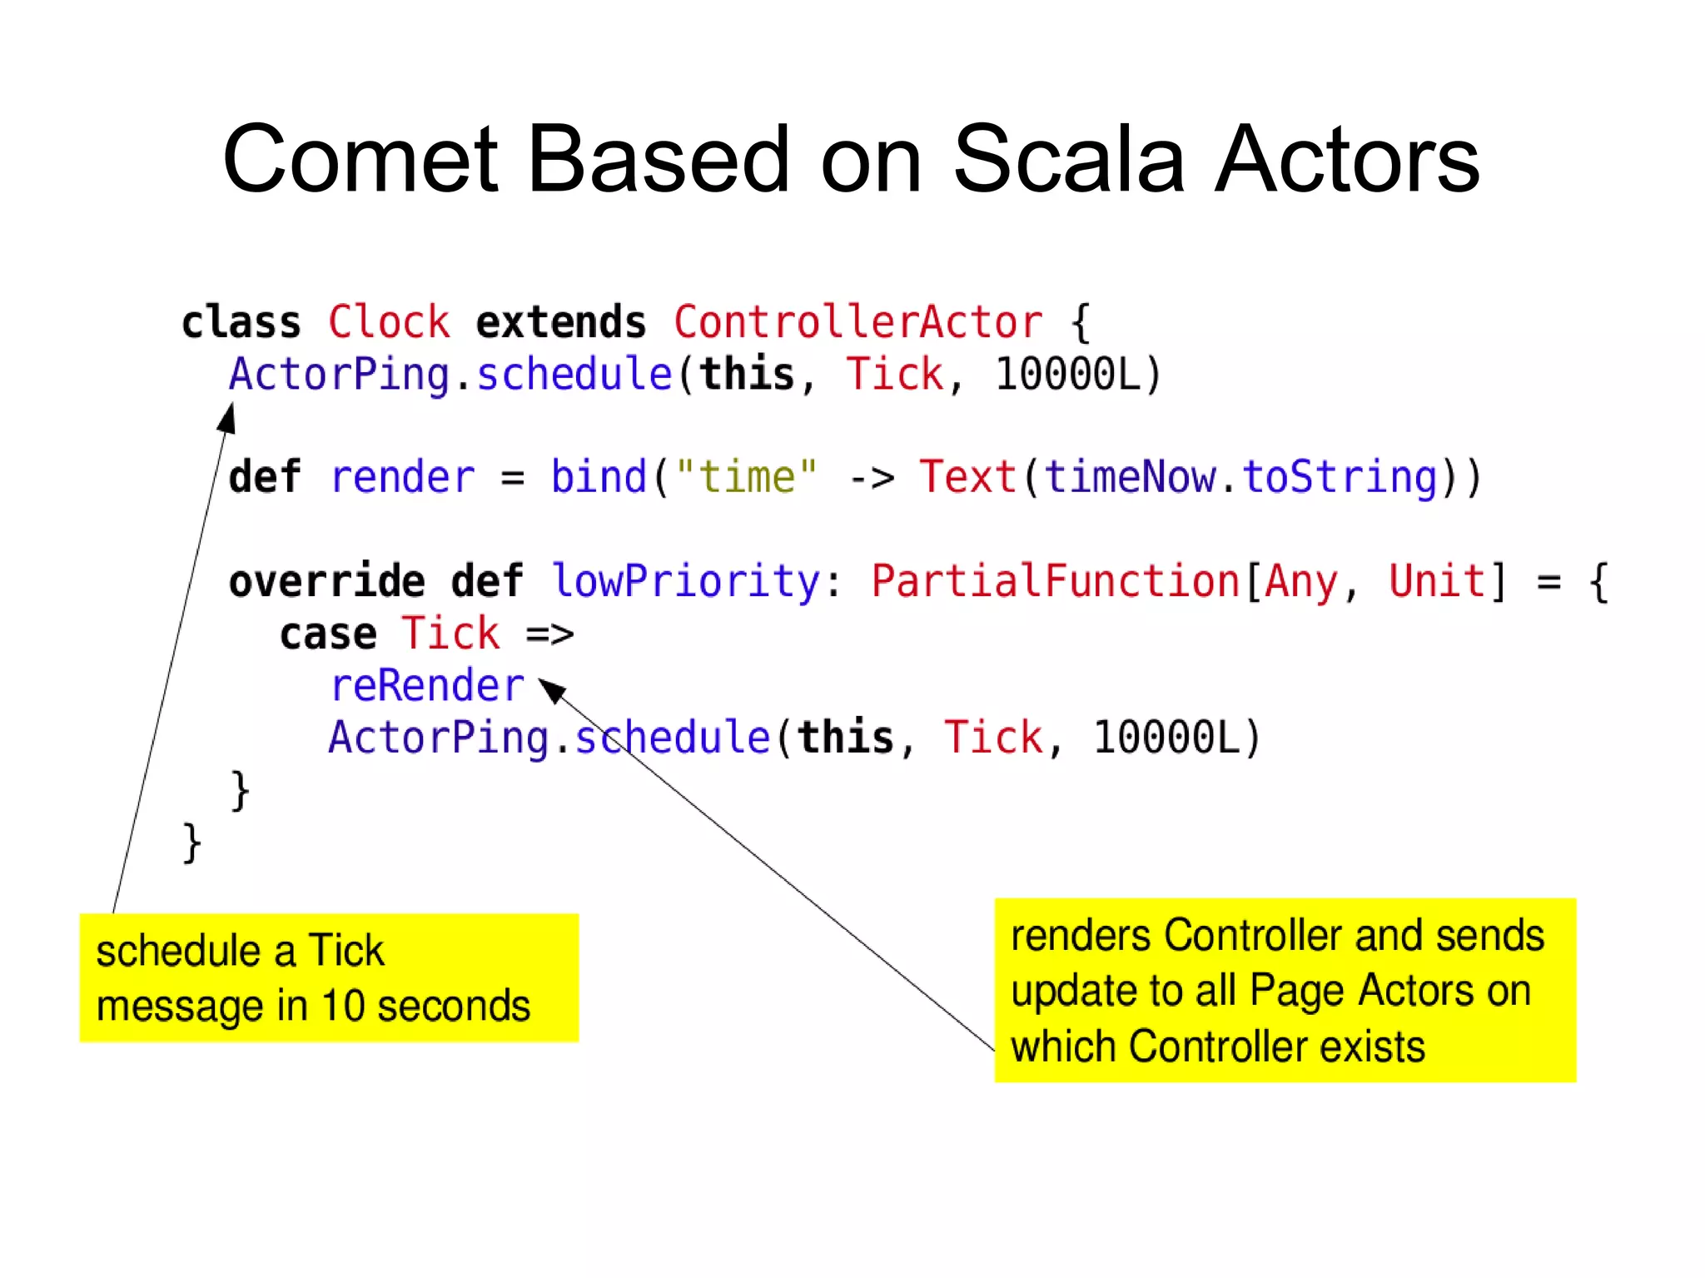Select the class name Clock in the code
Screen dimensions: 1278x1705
click(389, 322)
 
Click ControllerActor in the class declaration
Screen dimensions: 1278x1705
click(857, 322)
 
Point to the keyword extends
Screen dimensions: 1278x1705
click(560, 322)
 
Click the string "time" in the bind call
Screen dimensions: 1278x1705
click(746, 477)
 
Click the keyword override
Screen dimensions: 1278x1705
click(326, 581)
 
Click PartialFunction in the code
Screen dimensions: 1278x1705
click(1056, 581)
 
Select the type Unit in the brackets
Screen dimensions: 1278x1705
click(1437, 581)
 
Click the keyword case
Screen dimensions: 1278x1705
click(328, 634)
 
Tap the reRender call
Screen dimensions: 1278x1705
click(427, 686)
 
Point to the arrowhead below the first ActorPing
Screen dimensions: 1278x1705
click(227, 418)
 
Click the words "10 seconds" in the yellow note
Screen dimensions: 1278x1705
click(426, 1006)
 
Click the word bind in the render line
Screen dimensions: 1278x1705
click(599, 477)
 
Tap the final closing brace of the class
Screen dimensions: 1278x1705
click(191, 843)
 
